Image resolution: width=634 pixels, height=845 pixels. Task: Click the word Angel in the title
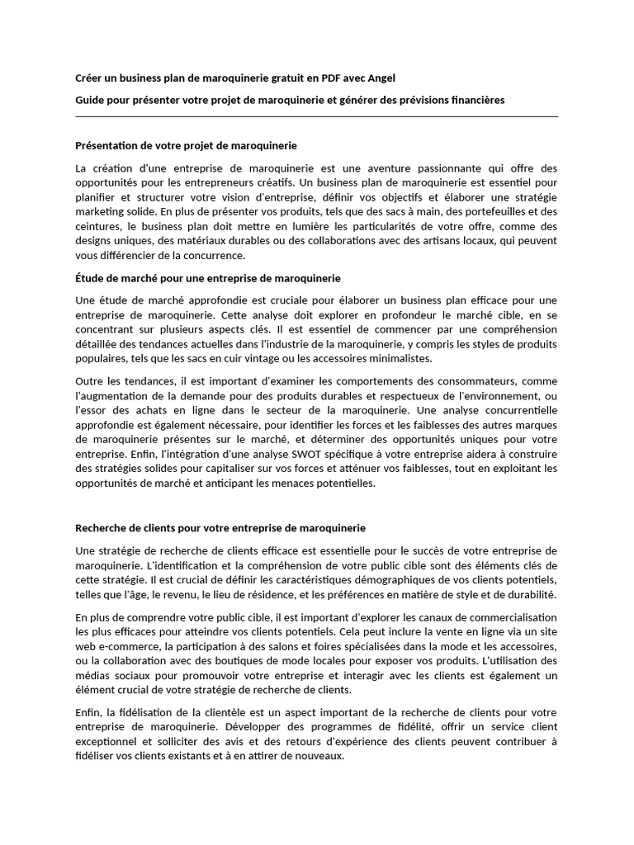[381, 78]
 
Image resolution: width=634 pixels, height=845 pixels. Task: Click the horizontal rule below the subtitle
[316, 117]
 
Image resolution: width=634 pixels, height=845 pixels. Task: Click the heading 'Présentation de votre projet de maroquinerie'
[186, 145]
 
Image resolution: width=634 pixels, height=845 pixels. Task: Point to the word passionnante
[439, 168]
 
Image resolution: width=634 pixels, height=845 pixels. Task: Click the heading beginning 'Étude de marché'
[207, 278]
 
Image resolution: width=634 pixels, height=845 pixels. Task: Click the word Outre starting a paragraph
[90, 380]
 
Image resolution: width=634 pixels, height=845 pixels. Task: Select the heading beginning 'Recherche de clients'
[220, 527]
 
